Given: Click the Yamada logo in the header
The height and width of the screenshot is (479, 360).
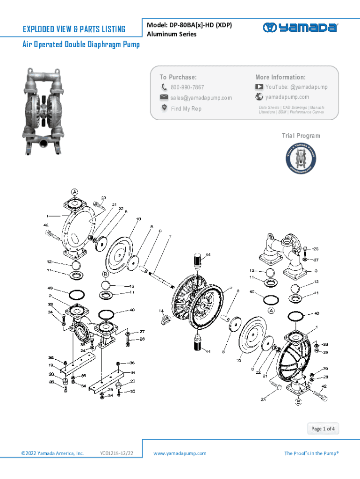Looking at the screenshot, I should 300,28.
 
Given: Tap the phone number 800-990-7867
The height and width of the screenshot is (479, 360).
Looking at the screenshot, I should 187,87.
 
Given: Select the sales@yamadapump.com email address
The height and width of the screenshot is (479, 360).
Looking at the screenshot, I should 201,98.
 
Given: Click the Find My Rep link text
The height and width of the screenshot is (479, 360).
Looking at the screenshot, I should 186,109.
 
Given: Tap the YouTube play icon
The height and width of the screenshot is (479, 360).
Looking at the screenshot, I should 259,87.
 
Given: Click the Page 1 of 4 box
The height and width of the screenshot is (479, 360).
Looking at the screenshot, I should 323,428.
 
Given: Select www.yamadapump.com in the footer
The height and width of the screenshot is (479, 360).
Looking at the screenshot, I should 180,453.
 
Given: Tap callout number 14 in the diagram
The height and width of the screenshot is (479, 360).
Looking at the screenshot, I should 161,311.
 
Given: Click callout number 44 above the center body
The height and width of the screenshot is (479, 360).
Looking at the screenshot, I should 208,254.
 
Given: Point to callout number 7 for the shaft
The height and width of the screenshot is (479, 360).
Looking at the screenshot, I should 170,236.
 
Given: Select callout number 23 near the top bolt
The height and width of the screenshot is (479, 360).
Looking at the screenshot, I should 103,198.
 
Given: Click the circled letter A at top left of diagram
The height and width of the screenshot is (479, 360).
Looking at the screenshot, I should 74,192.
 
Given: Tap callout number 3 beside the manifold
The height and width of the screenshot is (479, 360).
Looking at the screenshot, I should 316,271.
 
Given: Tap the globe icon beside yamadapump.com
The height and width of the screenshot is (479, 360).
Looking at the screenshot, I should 259,97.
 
